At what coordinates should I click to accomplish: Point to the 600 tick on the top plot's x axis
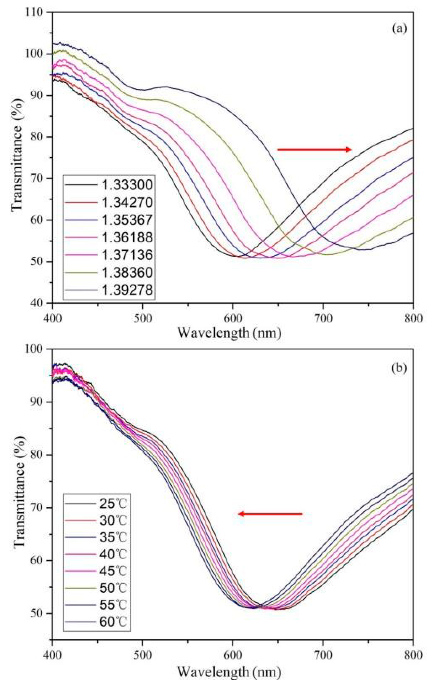(x=233, y=318)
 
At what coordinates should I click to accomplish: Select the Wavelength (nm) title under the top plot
(x=230, y=333)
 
